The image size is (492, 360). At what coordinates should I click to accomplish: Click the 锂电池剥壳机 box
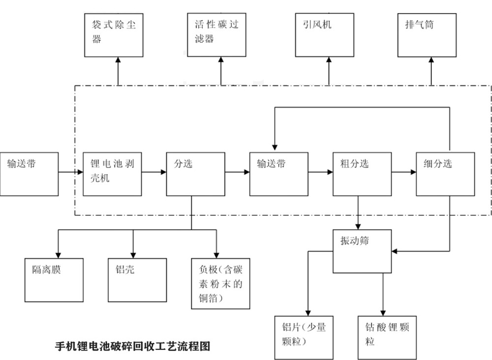(113, 174)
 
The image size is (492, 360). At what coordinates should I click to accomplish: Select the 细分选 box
(446, 174)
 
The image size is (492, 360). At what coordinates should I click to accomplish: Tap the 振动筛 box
(363, 251)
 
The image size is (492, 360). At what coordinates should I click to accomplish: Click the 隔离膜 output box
(54, 280)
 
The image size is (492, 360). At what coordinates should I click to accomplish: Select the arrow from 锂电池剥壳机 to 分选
(154, 172)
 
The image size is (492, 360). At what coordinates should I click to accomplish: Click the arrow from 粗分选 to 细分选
(404, 172)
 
